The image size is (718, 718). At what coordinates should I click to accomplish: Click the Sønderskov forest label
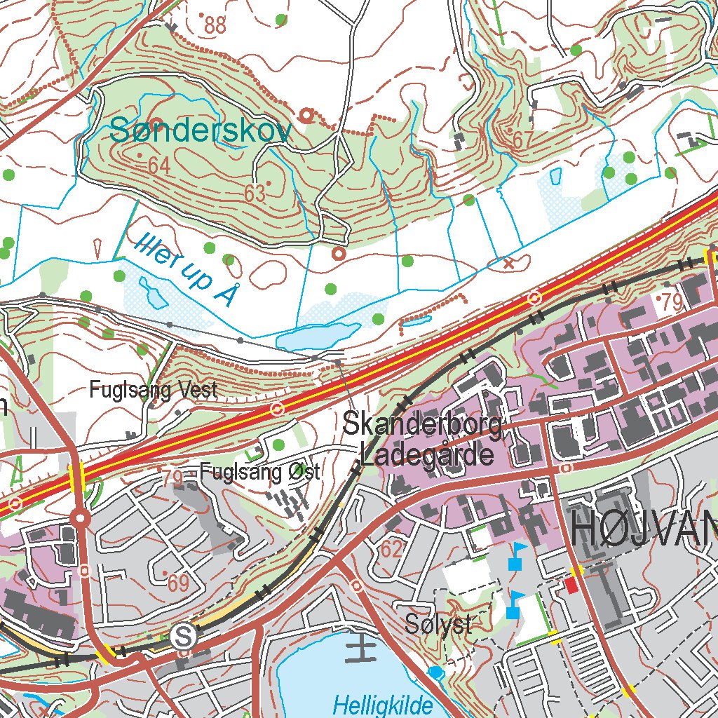tap(201, 130)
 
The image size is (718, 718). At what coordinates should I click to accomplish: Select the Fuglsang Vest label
tap(154, 391)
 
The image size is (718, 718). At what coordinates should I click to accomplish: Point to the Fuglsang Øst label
tap(259, 472)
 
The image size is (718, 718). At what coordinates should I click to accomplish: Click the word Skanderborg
tap(423, 425)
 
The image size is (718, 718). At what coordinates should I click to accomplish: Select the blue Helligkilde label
tap(383, 704)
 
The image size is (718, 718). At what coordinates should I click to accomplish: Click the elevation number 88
tap(215, 25)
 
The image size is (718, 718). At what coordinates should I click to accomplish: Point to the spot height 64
tap(159, 165)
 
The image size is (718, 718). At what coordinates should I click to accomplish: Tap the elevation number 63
tap(255, 193)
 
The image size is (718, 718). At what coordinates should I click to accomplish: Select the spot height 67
tap(522, 140)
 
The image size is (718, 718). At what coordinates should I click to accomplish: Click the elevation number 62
tap(391, 549)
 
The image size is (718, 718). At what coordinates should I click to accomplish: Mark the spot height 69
tap(178, 581)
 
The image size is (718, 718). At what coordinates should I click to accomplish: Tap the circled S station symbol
tap(184, 636)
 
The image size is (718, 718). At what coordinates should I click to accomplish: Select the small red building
tap(573, 583)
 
